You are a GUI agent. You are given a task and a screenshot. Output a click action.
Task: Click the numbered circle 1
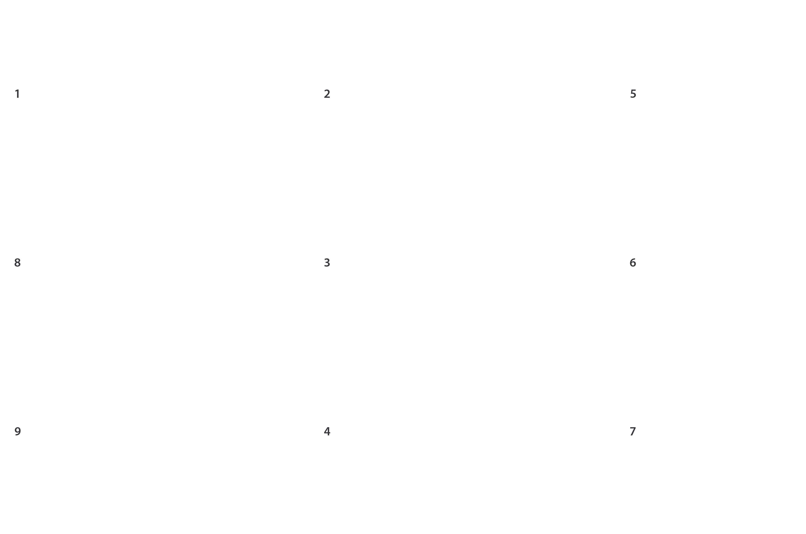pos(17,93)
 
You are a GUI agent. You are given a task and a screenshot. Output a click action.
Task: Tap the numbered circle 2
pos(327,93)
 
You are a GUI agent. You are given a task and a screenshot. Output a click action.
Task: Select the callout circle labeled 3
pos(327,262)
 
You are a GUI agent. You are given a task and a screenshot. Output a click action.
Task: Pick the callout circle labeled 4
pos(327,431)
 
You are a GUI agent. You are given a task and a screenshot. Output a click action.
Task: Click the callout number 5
pos(633,93)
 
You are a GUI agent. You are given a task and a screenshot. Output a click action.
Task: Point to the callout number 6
pos(633,262)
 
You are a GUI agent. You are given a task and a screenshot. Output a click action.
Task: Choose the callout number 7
pos(633,431)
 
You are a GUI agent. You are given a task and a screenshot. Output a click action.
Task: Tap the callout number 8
pos(17,262)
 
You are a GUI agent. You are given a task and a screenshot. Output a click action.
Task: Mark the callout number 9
pos(17,431)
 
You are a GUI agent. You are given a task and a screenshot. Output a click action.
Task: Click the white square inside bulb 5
pos(757,136)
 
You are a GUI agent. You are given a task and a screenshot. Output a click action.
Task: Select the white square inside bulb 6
pos(760,305)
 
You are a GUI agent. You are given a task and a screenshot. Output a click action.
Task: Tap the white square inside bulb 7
pos(757,473)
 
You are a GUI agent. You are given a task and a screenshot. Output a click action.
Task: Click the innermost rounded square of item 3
pos(483,296)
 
